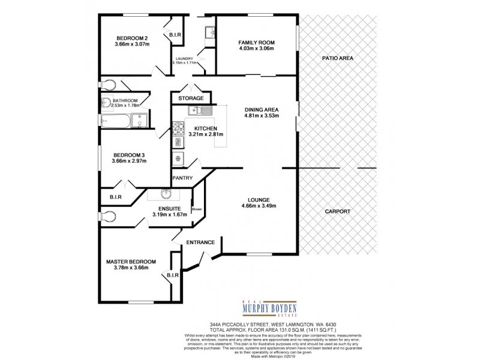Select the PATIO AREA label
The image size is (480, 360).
pyautogui.click(x=338, y=58)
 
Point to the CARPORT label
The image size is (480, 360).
pyautogui.click(x=338, y=212)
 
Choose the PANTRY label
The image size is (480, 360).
pyautogui.click(x=182, y=178)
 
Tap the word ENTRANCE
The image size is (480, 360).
pyautogui.click(x=200, y=242)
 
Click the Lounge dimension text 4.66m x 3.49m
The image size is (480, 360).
pyautogui.click(x=259, y=206)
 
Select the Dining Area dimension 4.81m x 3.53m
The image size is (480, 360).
pyautogui.click(x=260, y=116)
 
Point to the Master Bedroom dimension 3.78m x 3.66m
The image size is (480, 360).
pyautogui.click(x=131, y=268)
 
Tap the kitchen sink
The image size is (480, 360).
pyautogui.click(x=197, y=110)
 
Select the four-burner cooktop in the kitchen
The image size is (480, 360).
pyautogui.click(x=178, y=127)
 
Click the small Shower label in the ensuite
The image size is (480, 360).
pyautogui.click(x=197, y=209)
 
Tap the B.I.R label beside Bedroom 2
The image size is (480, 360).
pyautogui.click(x=175, y=35)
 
